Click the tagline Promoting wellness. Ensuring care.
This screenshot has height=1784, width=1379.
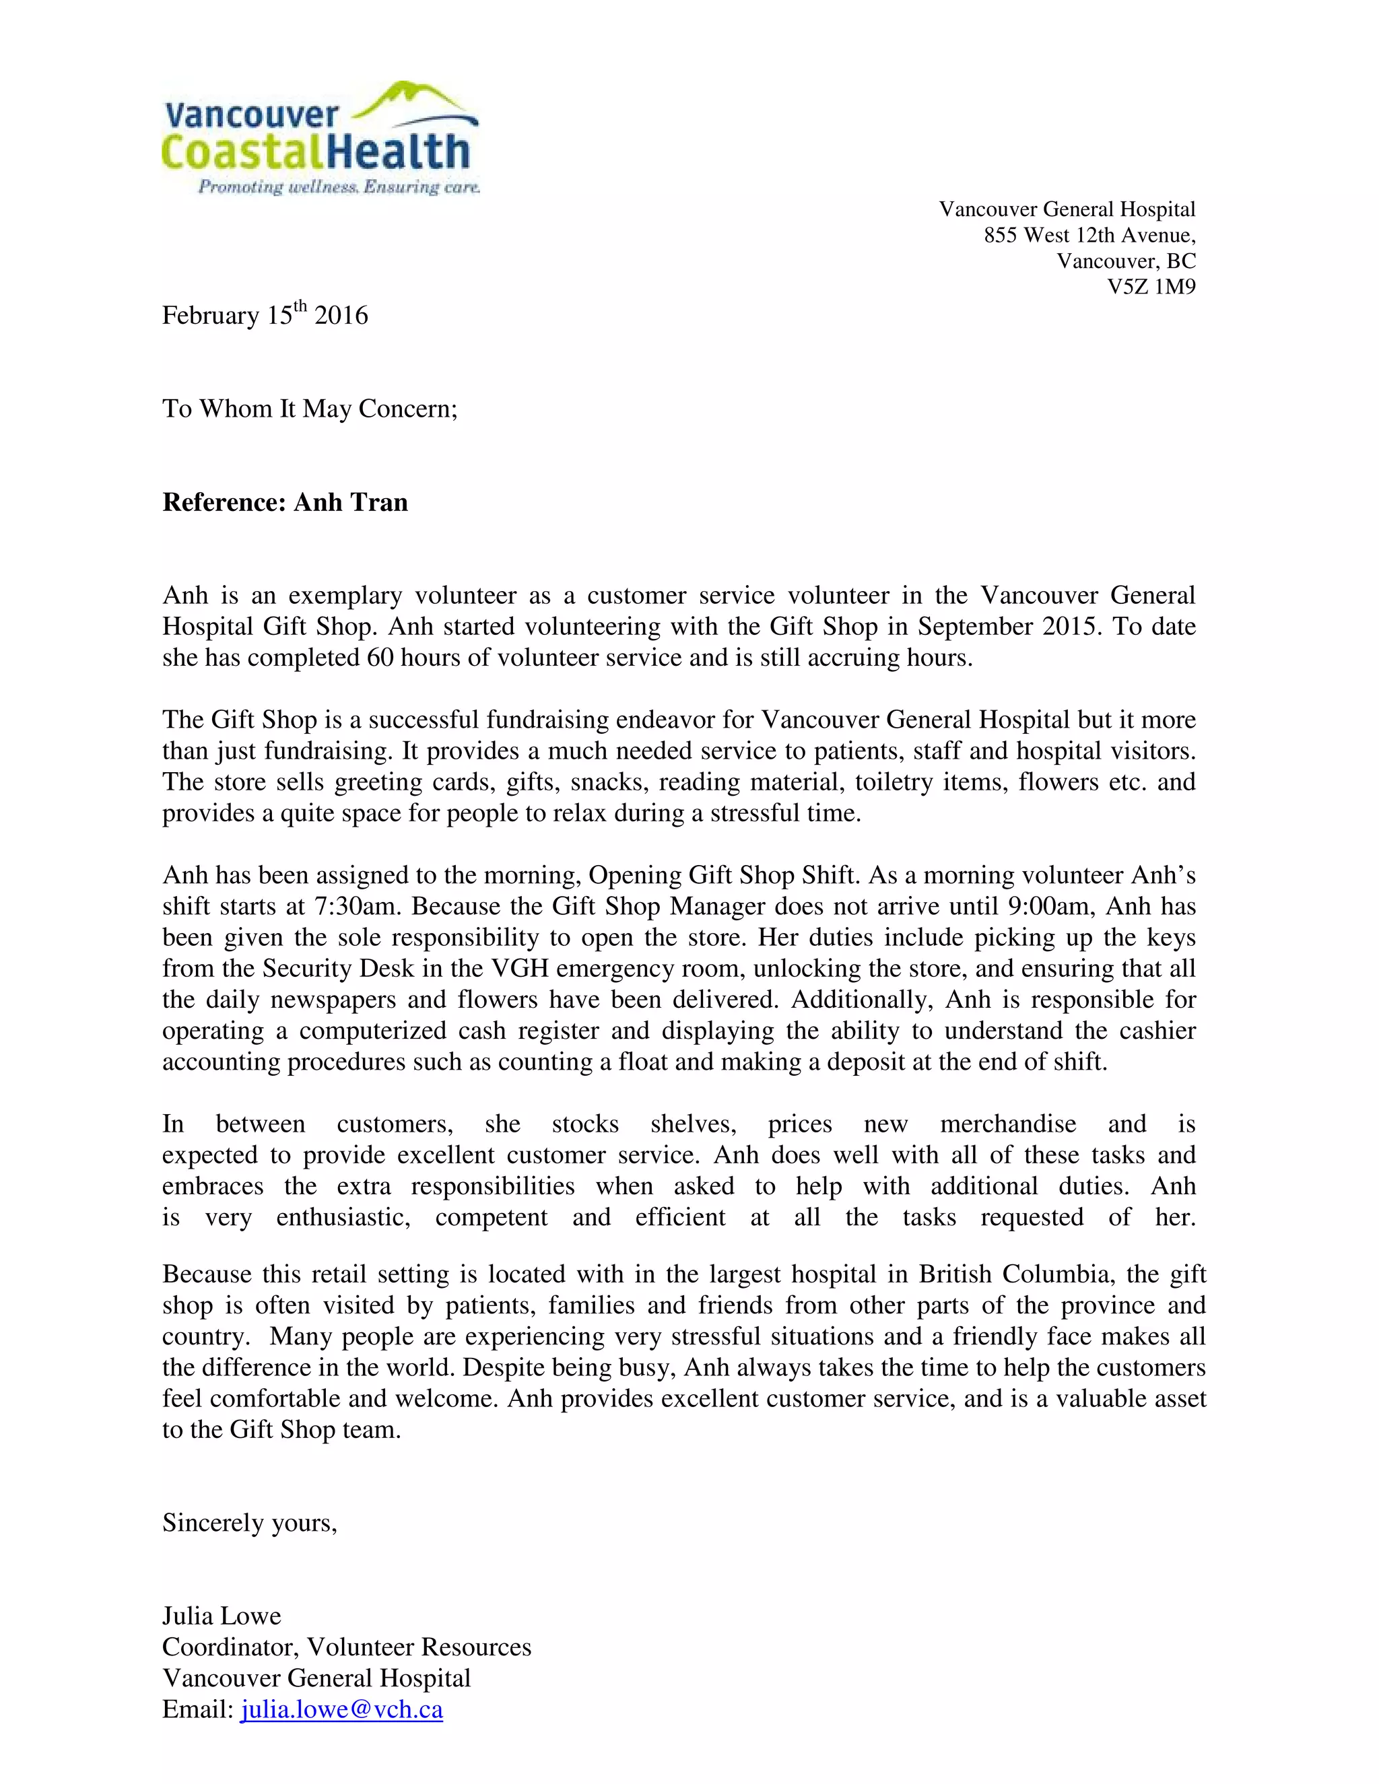(338, 187)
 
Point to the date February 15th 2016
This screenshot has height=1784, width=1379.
(265, 314)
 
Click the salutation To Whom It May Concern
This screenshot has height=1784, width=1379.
(310, 409)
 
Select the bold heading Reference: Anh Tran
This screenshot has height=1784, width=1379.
(285, 502)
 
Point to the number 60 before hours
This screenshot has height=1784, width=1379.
(380, 658)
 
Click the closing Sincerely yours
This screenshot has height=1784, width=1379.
(249, 1523)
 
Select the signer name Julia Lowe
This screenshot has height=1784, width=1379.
(222, 1616)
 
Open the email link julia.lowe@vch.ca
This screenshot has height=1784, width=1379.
(341, 1710)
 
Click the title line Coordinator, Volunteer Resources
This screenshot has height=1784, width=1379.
(346, 1647)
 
